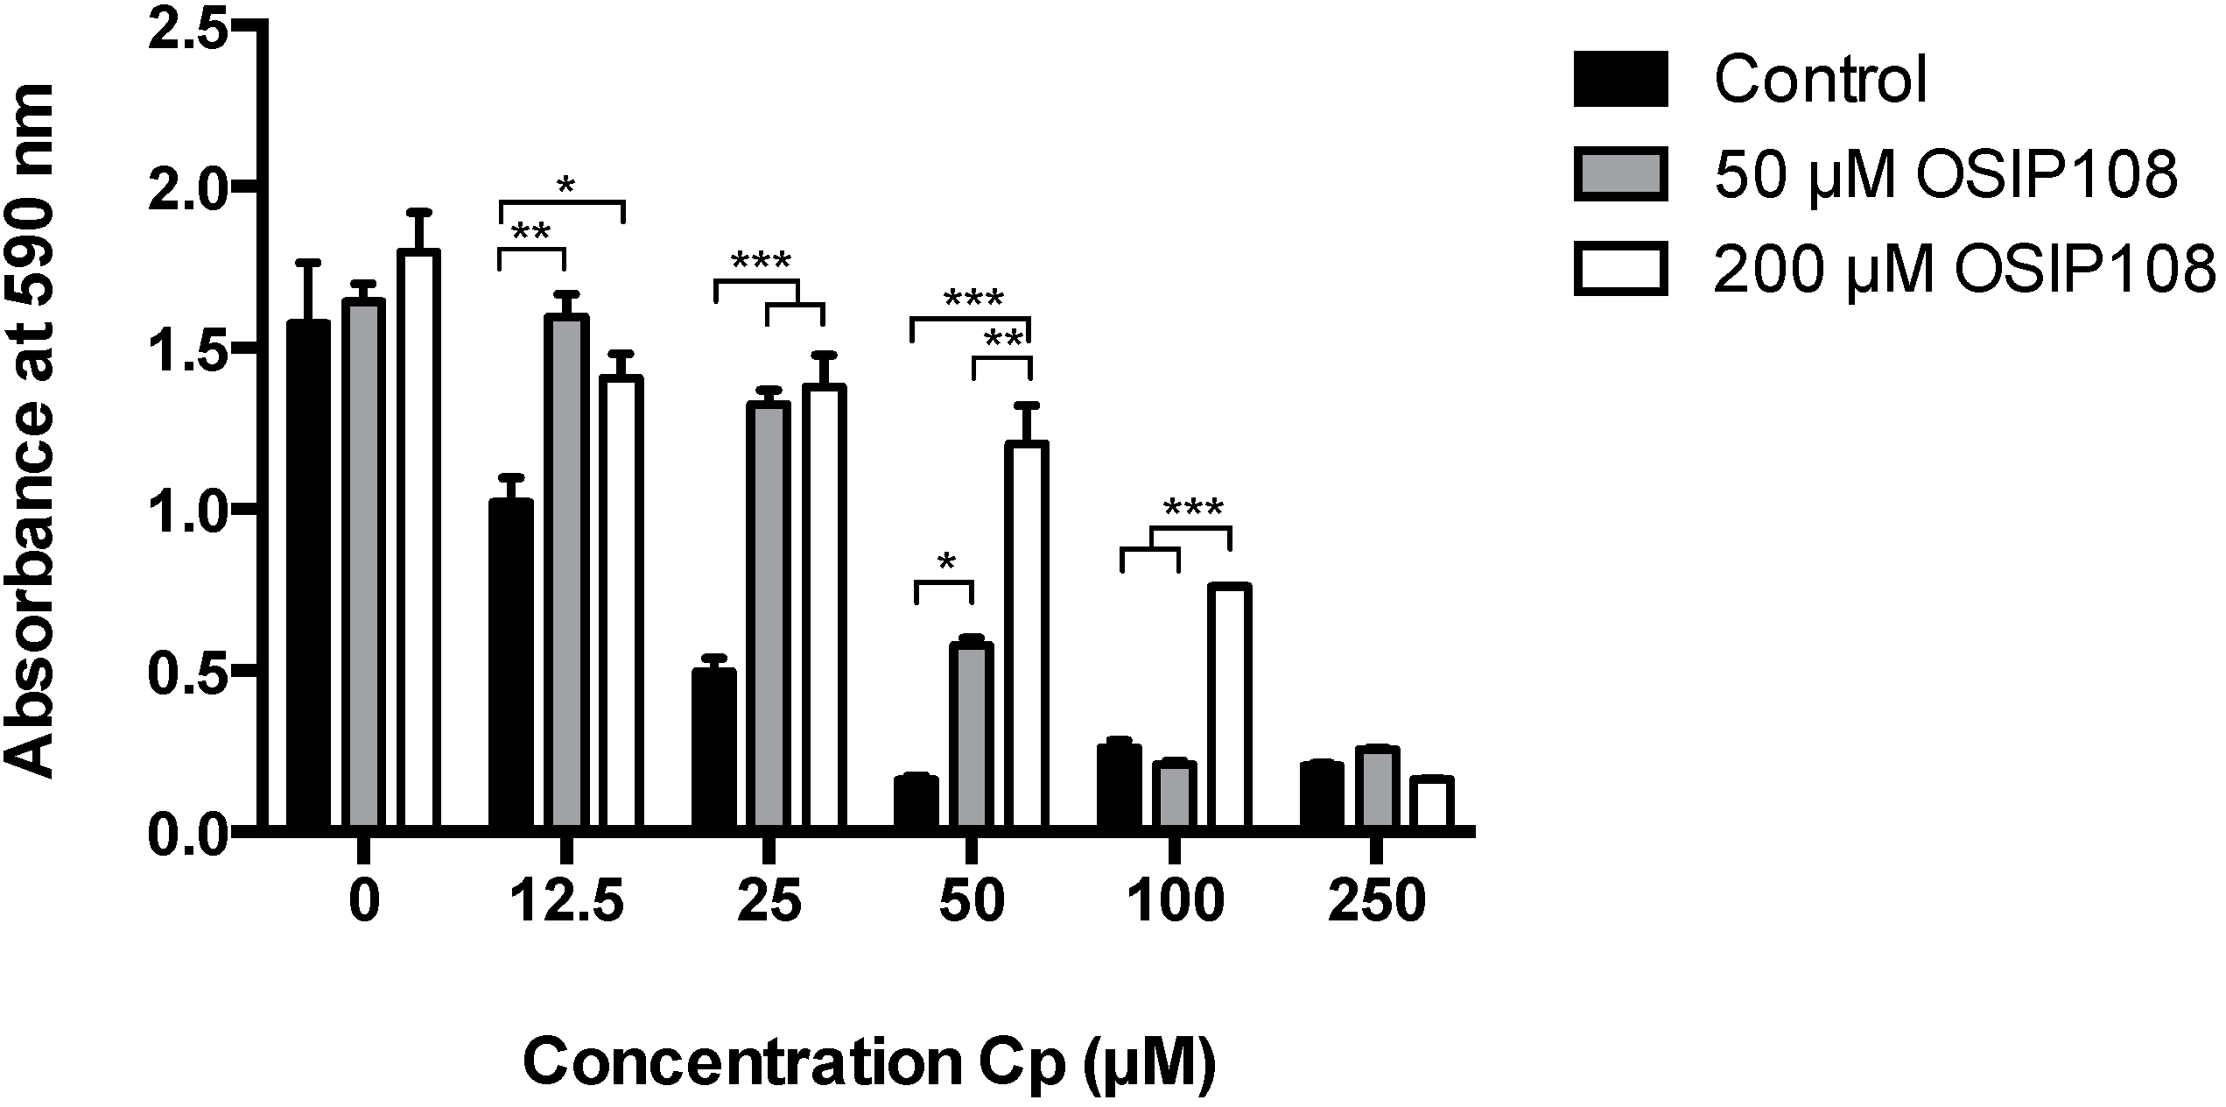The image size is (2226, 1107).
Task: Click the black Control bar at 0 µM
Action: pos(308,574)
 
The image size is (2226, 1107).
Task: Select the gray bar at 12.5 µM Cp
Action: pos(566,569)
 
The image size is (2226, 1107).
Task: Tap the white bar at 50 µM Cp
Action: pos(1026,634)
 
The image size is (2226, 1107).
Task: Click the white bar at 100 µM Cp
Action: pos(1228,705)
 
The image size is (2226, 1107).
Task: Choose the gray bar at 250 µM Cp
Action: pos(1377,786)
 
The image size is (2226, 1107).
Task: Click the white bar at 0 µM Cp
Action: pos(419,539)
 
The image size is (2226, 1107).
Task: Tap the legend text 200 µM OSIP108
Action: pos(1964,271)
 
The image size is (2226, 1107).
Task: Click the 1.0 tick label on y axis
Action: pos(188,511)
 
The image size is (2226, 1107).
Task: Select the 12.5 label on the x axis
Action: pos(566,902)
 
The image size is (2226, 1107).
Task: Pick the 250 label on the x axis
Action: pos(1376,902)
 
